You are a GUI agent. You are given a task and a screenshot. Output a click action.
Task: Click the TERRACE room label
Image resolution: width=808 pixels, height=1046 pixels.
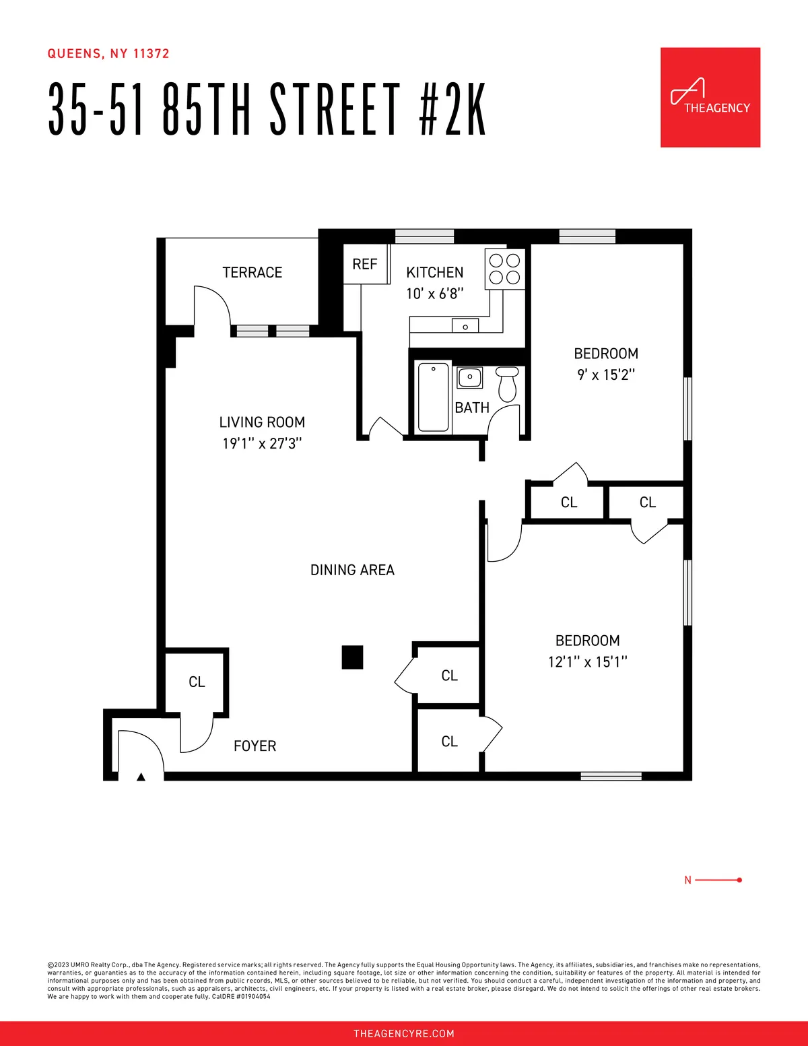(x=252, y=272)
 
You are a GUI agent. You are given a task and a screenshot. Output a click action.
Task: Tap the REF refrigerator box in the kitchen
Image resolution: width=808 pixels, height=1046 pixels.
(x=365, y=264)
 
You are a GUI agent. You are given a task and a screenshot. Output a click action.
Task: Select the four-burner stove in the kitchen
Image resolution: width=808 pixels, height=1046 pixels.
(x=504, y=269)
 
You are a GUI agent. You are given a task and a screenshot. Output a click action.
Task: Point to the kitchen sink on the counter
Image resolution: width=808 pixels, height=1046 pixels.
(x=465, y=327)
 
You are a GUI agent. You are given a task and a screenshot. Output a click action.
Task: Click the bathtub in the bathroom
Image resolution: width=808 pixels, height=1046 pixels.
(x=433, y=397)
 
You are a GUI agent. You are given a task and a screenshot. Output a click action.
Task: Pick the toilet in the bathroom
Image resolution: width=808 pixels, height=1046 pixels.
(x=507, y=383)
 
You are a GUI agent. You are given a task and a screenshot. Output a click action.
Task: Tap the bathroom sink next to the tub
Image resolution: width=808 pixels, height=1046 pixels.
(x=469, y=377)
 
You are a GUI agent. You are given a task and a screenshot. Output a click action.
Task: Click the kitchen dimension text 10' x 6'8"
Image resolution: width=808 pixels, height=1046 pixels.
(x=434, y=294)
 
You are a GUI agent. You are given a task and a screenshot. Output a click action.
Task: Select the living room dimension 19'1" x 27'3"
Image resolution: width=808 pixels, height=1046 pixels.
(x=262, y=443)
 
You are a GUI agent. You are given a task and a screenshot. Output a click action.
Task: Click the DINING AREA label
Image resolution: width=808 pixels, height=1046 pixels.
(x=352, y=570)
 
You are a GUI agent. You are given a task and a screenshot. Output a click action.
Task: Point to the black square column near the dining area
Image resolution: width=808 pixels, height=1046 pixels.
(x=352, y=657)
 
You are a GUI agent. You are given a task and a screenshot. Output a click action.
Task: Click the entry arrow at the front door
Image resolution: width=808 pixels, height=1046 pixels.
(x=141, y=777)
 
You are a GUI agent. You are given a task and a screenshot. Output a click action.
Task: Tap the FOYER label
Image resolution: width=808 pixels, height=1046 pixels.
(x=255, y=746)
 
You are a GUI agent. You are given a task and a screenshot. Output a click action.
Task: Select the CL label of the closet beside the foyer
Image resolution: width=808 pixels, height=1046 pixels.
(x=197, y=682)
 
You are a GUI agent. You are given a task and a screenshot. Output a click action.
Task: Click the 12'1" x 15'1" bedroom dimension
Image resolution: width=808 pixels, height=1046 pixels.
(x=587, y=661)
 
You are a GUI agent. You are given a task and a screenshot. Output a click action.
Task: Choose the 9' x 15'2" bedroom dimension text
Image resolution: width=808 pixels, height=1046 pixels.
(x=606, y=374)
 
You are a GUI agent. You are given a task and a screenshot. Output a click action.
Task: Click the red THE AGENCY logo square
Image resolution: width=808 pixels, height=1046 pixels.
(x=710, y=97)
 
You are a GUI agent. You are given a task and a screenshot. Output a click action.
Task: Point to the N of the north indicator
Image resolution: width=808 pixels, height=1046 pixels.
(x=687, y=880)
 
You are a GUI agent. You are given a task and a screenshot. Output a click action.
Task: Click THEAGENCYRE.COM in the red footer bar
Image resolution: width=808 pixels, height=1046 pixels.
(x=404, y=1033)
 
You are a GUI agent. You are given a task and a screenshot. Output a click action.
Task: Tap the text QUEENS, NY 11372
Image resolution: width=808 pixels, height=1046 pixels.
(x=108, y=54)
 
